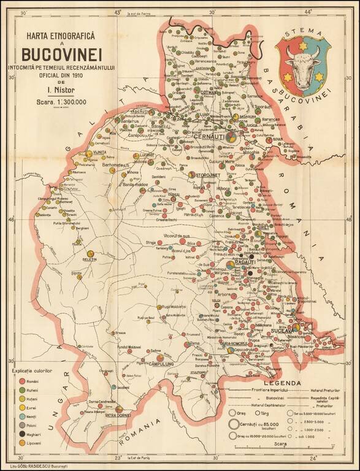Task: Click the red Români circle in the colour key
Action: pyautogui.click(x=21, y=381)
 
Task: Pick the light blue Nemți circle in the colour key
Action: pyautogui.click(x=21, y=416)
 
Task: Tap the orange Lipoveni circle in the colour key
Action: pyautogui.click(x=21, y=442)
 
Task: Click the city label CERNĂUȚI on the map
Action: pyautogui.click(x=210, y=136)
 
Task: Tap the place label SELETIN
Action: pyautogui.click(x=90, y=259)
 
